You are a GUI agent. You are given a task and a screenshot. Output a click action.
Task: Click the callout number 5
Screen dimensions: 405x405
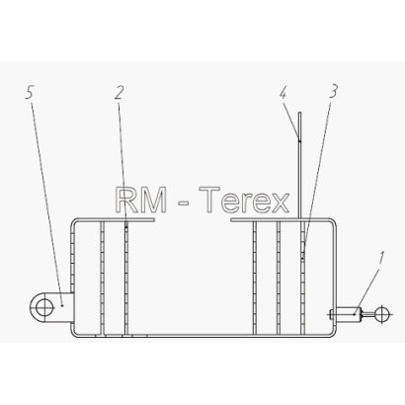pos(30,93)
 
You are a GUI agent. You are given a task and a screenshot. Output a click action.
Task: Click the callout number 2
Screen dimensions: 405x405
pos(119,93)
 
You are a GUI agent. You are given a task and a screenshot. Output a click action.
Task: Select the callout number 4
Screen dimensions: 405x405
pos(283,94)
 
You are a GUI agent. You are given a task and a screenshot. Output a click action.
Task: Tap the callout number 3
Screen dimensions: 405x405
pos(333,92)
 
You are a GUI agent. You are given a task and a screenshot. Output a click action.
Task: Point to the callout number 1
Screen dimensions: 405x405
pos(381,258)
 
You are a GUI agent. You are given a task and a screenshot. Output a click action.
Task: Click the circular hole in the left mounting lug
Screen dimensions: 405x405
pos(44,308)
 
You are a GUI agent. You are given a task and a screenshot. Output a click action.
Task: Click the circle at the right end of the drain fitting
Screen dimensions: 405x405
pos(382,314)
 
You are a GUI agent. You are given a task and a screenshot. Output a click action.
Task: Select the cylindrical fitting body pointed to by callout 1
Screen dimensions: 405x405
pos(347,314)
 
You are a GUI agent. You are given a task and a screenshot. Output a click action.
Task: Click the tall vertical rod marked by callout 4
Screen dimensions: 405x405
pos(299,165)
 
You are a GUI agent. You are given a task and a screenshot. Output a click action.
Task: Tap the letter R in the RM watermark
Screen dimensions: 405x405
pos(127,201)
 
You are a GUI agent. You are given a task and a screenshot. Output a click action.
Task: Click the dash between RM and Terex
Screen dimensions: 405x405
pos(183,203)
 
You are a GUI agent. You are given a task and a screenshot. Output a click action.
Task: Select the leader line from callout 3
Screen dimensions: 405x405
pos(317,178)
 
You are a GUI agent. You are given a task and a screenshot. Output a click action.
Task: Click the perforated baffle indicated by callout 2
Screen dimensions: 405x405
pos(126,278)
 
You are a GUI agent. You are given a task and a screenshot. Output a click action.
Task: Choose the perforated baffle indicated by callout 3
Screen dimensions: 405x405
pos(303,278)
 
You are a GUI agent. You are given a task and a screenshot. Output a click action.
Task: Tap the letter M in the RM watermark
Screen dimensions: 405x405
pos(154,201)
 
